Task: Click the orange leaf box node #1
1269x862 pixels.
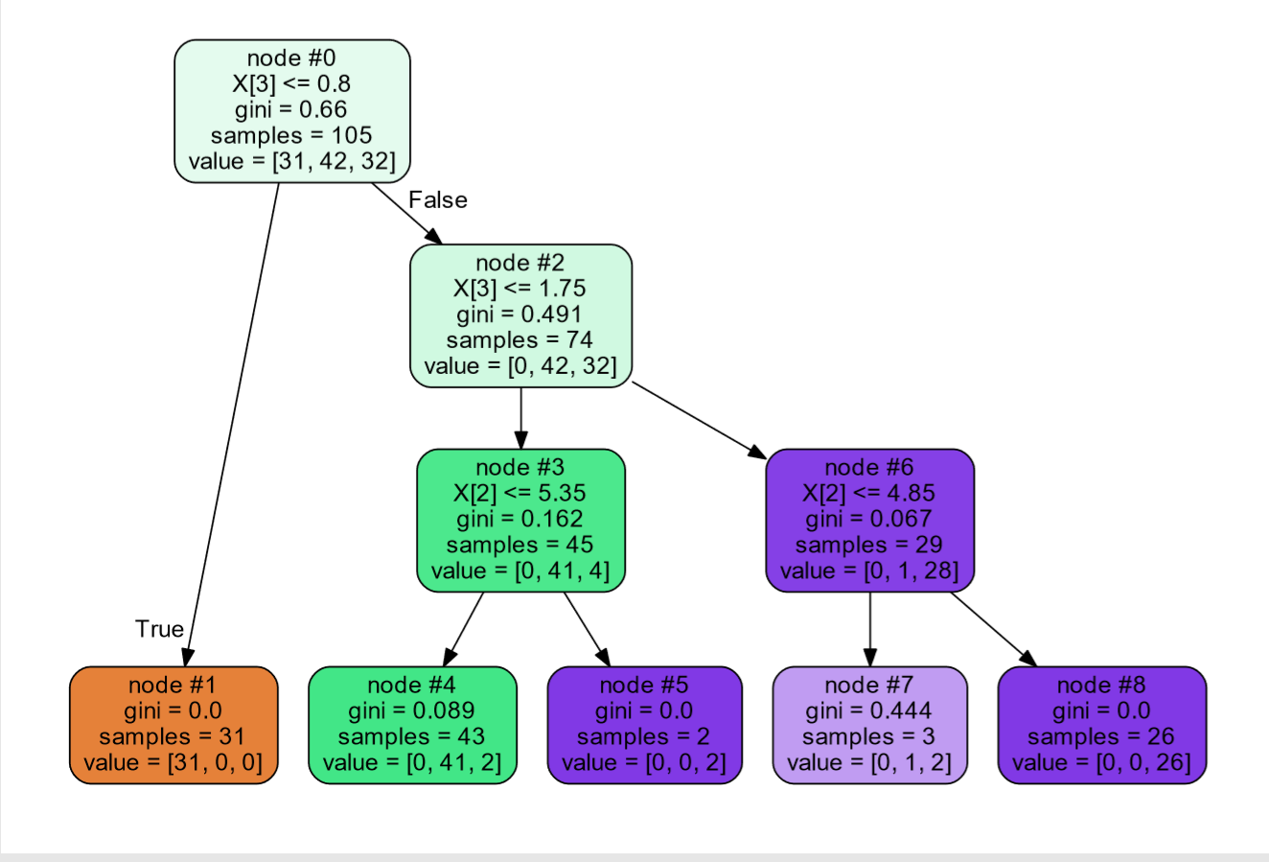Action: (173, 725)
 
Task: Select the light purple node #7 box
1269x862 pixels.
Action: (869, 725)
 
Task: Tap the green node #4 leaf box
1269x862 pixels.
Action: (412, 725)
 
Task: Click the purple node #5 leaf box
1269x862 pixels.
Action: (644, 725)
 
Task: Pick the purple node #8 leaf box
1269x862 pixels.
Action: (1101, 725)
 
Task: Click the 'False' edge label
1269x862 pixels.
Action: (438, 200)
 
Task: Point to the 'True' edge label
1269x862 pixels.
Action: (159, 629)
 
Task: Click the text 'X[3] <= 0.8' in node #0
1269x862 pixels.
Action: (291, 83)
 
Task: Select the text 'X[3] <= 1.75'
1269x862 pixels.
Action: (519, 289)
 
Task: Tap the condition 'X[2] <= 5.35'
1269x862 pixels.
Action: (519, 493)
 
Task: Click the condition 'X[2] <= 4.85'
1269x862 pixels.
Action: (869, 493)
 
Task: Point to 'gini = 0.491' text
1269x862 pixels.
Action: (519, 315)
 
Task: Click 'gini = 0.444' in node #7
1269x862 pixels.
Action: (869, 711)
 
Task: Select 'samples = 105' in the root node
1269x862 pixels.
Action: (291, 135)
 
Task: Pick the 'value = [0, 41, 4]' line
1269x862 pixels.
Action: (519, 571)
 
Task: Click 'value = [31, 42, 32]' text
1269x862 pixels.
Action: (291, 161)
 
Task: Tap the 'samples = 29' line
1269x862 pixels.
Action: (869, 545)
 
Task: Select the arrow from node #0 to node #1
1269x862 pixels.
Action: (232, 422)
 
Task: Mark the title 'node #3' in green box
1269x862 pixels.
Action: (519, 467)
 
